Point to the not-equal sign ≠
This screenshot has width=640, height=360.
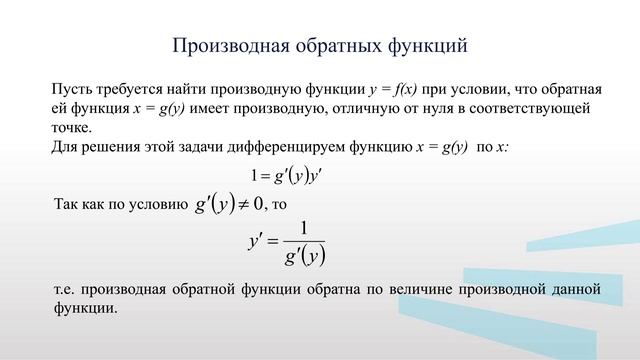243,204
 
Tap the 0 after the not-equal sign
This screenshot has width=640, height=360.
259,204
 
